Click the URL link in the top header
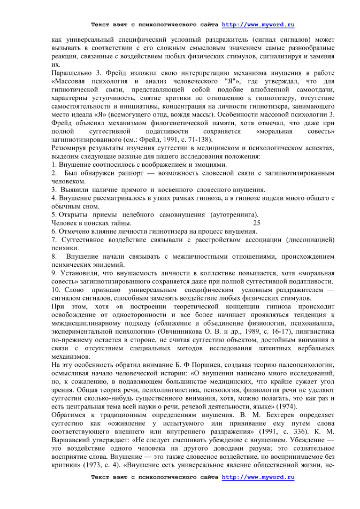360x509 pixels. [258, 25]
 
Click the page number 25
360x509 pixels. [257, 223]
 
